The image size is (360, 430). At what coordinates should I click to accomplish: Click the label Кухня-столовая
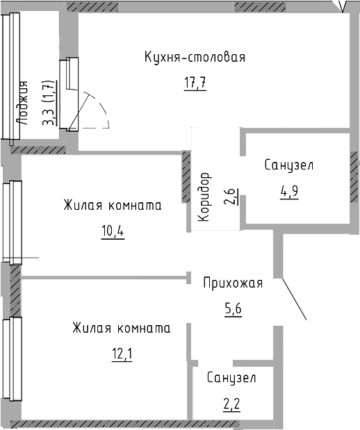tap(195, 58)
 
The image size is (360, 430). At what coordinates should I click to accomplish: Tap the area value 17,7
tap(195, 83)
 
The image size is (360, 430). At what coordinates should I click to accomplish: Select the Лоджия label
tap(22, 103)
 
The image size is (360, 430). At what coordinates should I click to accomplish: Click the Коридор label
tap(205, 197)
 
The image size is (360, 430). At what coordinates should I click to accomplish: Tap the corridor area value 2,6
tap(230, 197)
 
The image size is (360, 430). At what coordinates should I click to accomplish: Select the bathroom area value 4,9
tap(289, 192)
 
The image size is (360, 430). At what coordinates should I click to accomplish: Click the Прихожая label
tap(233, 283)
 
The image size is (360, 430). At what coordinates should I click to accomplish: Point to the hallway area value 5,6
tap(234, 309)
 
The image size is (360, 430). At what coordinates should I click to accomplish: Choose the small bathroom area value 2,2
tap(232, 404)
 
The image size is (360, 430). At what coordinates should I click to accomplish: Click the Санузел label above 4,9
tap(289, 165)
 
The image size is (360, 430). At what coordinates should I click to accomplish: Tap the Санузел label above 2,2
tap(231, 378)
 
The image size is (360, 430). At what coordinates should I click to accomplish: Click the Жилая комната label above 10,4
tap(113, 206)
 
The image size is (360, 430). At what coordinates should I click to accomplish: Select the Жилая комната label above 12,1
tap(122, 329)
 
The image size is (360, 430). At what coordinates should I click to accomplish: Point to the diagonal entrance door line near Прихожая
tap(294, 298)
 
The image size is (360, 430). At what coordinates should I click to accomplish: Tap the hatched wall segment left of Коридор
tap(186, 177)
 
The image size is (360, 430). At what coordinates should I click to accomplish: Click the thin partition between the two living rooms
tap(104, 278)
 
